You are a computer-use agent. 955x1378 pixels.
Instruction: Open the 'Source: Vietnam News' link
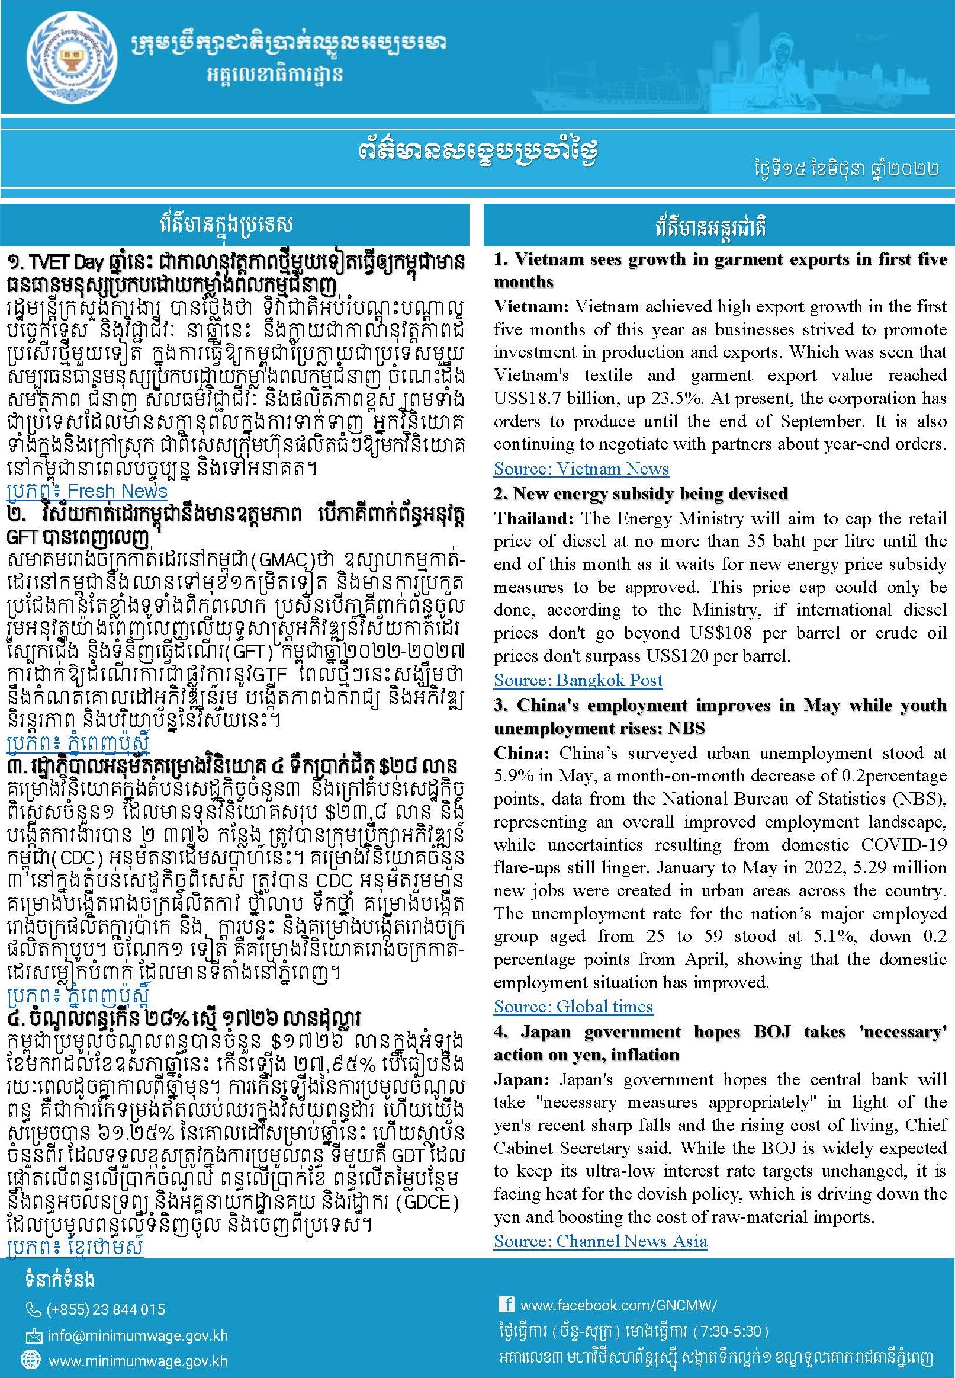[x=580, y=469]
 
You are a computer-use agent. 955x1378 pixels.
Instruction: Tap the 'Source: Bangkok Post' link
[x=577, y=680]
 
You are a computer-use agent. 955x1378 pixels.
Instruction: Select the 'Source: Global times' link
[x=573, y=1007]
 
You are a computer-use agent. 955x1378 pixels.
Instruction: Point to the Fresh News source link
[x=87, y=492]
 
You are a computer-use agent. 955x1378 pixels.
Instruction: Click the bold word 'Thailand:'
[x=534, y=518]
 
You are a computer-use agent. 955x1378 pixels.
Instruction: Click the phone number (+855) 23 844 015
[x=105, y=1309]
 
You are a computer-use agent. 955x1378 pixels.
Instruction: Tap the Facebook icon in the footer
[x=506, y=1305]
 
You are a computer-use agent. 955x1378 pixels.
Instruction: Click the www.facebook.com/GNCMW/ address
[x=618, y=1305]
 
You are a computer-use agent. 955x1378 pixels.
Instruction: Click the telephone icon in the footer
[x=34, y=1310]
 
